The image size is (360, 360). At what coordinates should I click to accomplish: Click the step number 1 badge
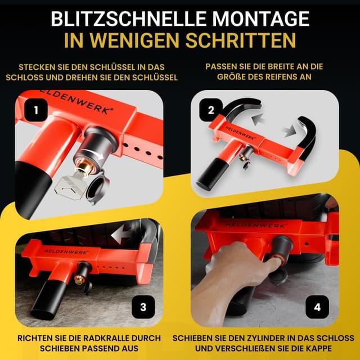pos(35,111)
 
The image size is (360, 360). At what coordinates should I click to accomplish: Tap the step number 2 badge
pos(211,110)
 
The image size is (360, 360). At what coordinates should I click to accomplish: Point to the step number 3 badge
pos(143,307)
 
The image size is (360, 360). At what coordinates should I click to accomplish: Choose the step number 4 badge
pos(317,307)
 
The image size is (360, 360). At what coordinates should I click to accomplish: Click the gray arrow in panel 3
pos(124,232)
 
